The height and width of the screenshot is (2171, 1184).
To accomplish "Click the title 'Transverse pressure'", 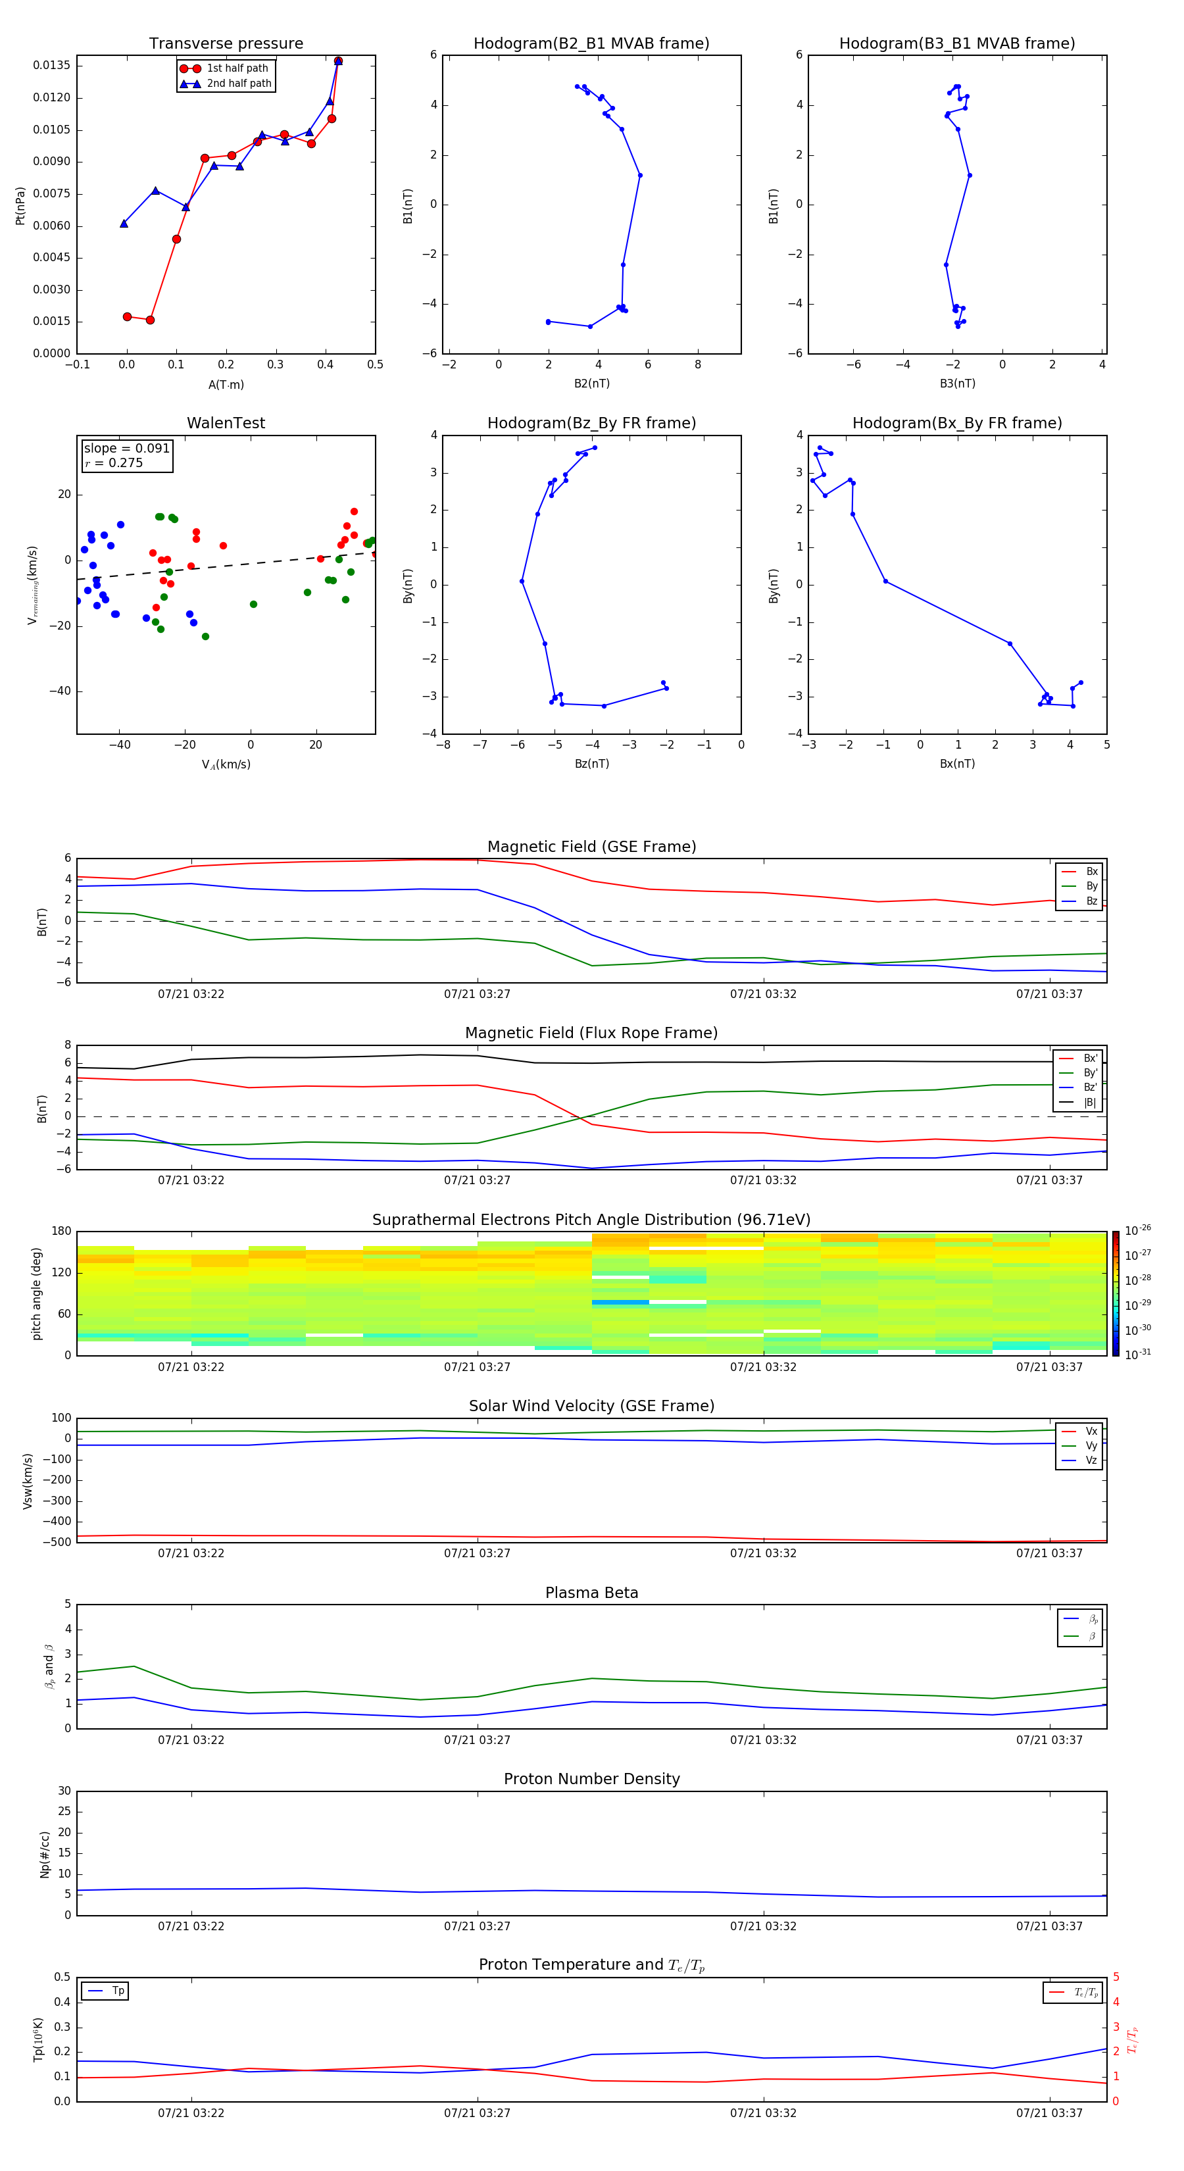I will (226, 44).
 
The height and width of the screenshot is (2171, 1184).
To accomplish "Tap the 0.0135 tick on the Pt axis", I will (51, 66).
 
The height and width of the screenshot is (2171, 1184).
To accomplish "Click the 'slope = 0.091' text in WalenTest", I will (126, 449).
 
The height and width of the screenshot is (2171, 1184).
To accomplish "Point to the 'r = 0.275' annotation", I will (114, 464).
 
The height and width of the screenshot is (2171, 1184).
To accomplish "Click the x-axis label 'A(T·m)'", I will (226, 385).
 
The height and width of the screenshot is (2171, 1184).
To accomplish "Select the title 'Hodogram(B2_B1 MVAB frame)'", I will (591, 44).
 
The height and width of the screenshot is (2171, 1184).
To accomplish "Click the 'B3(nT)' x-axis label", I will (957, 384).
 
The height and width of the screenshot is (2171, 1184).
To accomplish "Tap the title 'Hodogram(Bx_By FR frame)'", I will (956, 423).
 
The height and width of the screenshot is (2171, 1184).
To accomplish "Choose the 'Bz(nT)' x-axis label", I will (591, 764).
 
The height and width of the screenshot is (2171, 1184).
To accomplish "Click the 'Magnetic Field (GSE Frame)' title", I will (591, 847).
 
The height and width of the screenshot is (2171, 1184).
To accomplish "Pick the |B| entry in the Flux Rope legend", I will (1089, 1103).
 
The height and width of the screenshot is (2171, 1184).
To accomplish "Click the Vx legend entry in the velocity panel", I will (1091, 1431).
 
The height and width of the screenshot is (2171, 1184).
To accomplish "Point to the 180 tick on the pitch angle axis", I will (62, 1232).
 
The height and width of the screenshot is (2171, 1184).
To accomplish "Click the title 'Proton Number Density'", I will (591, 1779).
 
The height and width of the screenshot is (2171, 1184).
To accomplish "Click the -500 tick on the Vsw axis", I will (57, 1542).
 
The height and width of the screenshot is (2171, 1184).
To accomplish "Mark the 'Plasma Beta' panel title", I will (591, 1593).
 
